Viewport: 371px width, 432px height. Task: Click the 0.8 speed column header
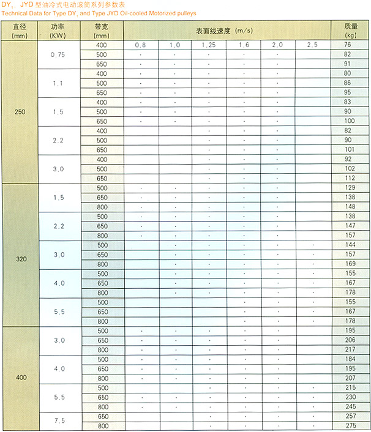pyautogui.click(x=141, y=45)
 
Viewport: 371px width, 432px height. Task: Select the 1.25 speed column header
pyautogui.click(x=209, y=45)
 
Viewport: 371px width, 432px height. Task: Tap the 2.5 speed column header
pyautogui.click(x=312, y=45)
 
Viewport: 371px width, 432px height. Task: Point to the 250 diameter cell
pyautogui.click(x=19, y=112)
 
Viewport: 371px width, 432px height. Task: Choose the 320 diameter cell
pyautogui.click(x=19, y=259)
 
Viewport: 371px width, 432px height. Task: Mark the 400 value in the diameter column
pyautogui.click(x=19, y=378)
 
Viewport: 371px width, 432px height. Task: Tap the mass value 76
pyautogui.click(x=348, y=45)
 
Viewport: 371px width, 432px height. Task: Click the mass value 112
pyautogui.click(x=348, y=178)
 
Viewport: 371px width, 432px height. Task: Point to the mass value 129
pyautogui.click(x=348, y=188)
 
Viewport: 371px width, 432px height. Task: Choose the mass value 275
pyautogui.click(x=348, y=426)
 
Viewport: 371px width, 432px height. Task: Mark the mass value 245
pyautogui.click(x=348, y=407)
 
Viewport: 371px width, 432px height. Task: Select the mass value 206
pyautogui.click(x=348, y=340)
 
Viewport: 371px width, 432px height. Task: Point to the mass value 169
pyautogui.click(x=348, y=264)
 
